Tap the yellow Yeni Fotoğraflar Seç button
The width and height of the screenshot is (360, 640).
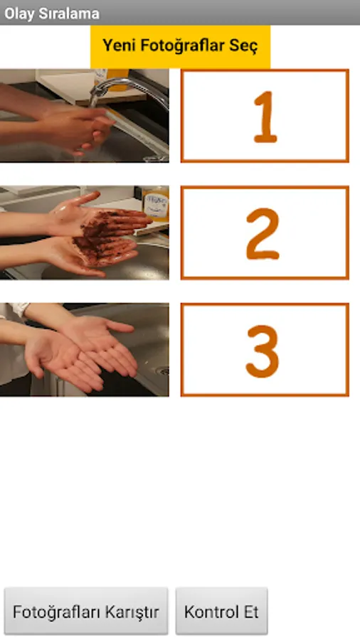[180, 46]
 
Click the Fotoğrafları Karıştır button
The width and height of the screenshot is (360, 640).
[86, 611]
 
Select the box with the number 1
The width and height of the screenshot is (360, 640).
[265, 116]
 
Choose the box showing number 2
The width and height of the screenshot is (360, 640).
[265, 233]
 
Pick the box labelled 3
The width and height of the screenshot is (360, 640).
[265, 350]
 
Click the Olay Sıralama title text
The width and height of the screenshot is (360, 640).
[52, 14]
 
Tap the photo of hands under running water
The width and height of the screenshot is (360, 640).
[84, 116]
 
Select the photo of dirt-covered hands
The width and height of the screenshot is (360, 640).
[84, 233]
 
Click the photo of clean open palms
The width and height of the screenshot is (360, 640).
[84, 350]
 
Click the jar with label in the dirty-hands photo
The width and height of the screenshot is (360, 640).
[156, 203]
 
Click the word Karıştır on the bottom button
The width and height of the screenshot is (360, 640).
[132, 612]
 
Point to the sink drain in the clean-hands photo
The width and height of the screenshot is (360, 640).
[163, 371]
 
